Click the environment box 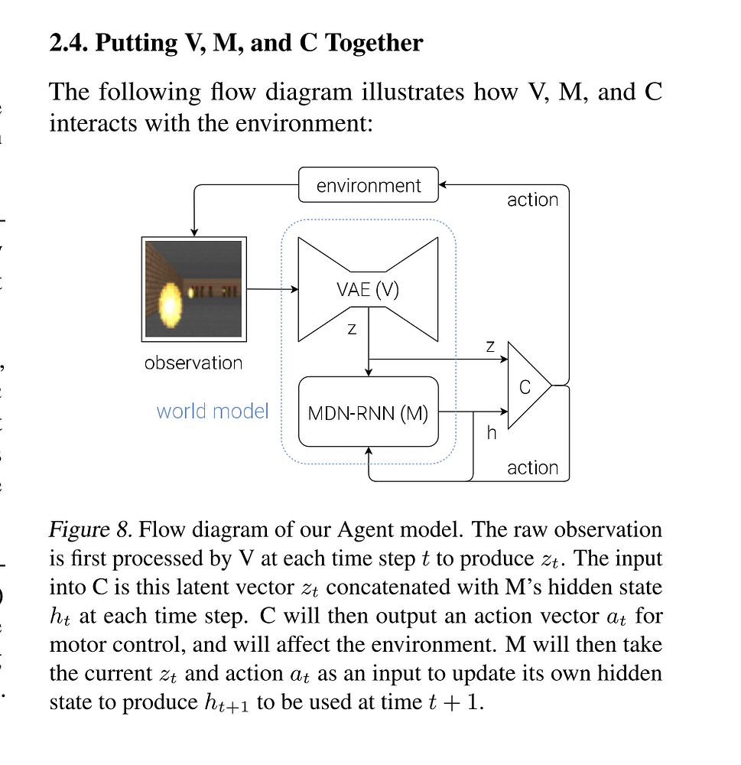point(368,185)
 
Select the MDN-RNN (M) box point(368,413)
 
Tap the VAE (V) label point(368,290)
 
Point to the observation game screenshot point(193,289)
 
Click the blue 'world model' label point(213,411)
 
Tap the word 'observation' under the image point(193,363)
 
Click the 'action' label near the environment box point(532,200)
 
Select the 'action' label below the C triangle point(532,467)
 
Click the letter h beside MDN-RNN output point(492,433)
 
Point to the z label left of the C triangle point(490,347)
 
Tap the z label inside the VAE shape point(351,328)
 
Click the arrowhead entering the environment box point(444,184)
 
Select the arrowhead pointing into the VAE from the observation point(293,289)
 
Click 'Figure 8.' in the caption point(92,529)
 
